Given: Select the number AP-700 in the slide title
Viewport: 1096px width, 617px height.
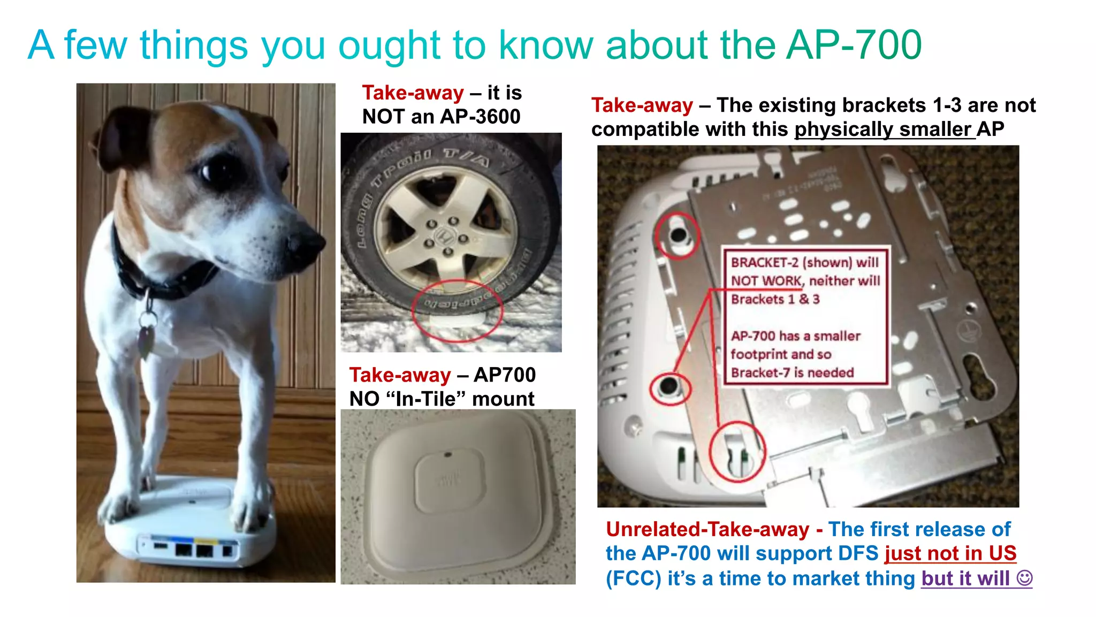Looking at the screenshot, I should (854, 45).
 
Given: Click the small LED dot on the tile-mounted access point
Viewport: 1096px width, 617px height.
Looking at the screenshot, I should (448, 455).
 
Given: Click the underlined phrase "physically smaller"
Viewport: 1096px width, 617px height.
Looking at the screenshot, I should (882, 130).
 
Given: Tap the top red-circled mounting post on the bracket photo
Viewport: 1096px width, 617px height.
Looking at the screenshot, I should (678, 235).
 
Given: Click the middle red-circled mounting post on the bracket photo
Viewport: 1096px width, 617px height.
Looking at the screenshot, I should (669, 386).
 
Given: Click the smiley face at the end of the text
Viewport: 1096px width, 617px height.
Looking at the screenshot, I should (1024, 578).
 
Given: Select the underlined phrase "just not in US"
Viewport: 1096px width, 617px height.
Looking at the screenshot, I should (950, 553).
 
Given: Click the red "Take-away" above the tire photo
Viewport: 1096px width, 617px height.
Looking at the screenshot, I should (413, 93).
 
